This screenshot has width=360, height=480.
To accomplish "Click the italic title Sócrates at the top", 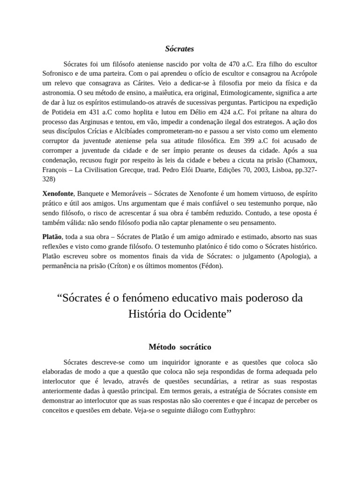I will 180,49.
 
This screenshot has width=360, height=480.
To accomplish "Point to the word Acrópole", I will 302,74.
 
